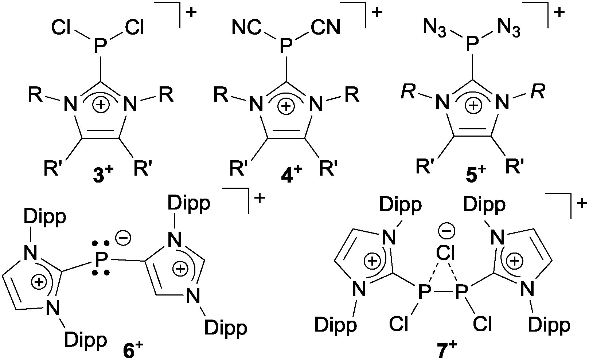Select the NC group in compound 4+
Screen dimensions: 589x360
pos(247,27)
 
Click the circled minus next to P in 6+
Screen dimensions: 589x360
pos(124,238)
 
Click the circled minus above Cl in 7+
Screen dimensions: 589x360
pos(446,231)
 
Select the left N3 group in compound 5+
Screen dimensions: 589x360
pos(435,29)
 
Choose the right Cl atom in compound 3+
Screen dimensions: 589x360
pos(134,27)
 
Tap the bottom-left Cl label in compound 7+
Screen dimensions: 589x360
pos(399,324)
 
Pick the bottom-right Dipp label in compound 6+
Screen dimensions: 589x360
pos(226,328)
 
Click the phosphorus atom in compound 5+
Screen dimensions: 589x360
pos(472,44)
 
